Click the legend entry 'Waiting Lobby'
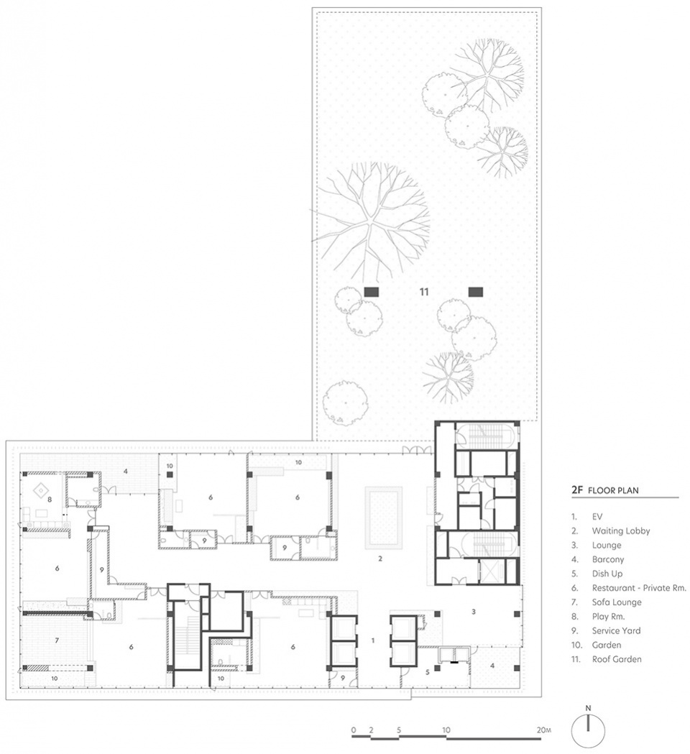point(621,531)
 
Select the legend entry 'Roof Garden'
point(617,659)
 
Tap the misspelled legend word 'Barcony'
point(608,560)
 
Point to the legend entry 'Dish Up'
point(607,574)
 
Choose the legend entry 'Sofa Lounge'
point(617,602)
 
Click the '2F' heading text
point(577,490)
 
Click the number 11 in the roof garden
point(423,292)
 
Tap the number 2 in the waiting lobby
point(380,558)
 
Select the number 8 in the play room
point(50,500)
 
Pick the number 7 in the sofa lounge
point(57,640)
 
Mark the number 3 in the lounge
point(474,612)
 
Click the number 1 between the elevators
point(373,640)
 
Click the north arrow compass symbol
point(587,729)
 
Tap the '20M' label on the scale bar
point(544,730)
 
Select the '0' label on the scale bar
point(354,730)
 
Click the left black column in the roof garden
point(372,291)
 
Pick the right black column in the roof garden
point(476,291)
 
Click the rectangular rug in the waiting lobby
point(383,518)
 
